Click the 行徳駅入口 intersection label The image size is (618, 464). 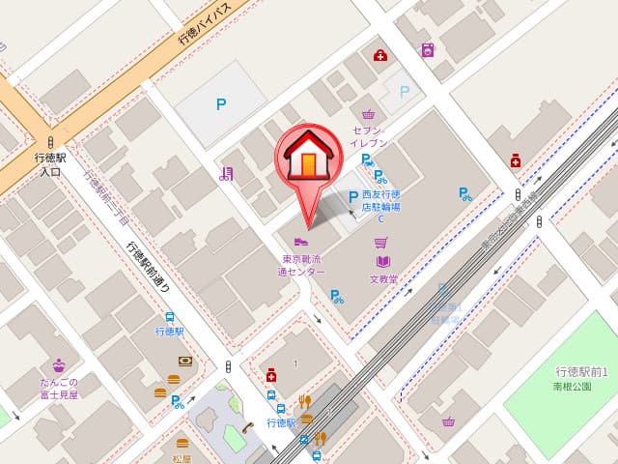(x=50, y=164)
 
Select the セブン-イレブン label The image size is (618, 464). (x=370, y=136)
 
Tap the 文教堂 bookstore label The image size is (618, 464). (x=383, y=280)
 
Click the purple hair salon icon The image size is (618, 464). (x=225, y=174)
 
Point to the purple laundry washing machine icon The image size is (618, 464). (x=427, y=49)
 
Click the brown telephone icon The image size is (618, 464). (x=247, y=427)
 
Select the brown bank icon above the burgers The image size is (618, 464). (x=185, y=362)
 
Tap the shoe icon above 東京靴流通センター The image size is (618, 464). (x=300, y=241)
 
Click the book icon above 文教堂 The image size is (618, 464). (x=382, y=261)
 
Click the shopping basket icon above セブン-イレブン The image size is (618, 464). (x=369, y=114)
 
